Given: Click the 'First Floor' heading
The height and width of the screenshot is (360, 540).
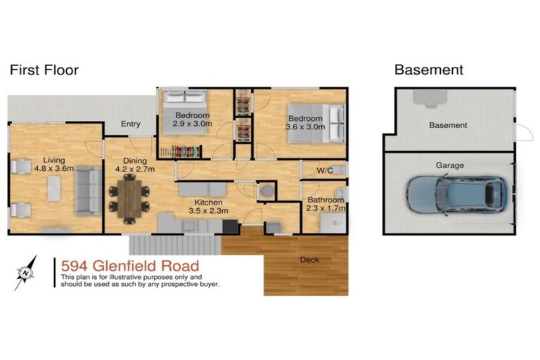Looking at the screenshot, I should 44,70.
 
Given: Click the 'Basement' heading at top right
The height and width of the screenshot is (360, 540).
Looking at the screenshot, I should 428,70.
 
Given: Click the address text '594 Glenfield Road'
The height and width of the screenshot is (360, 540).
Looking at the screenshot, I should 129,266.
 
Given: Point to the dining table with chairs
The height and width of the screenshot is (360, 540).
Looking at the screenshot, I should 129,196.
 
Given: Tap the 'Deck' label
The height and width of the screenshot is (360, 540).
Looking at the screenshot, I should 309,260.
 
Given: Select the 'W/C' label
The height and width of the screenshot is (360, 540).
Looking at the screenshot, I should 324,171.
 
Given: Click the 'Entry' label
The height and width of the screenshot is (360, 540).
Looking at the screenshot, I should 131,124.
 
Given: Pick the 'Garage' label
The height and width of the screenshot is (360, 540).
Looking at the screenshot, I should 450,165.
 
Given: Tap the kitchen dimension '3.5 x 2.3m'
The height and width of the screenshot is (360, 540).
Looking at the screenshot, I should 208,210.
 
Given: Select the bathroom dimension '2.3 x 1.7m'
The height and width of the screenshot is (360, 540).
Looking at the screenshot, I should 325,209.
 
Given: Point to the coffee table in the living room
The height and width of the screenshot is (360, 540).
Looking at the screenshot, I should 53,188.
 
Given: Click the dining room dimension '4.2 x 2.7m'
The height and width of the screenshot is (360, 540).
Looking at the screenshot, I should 135,169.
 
